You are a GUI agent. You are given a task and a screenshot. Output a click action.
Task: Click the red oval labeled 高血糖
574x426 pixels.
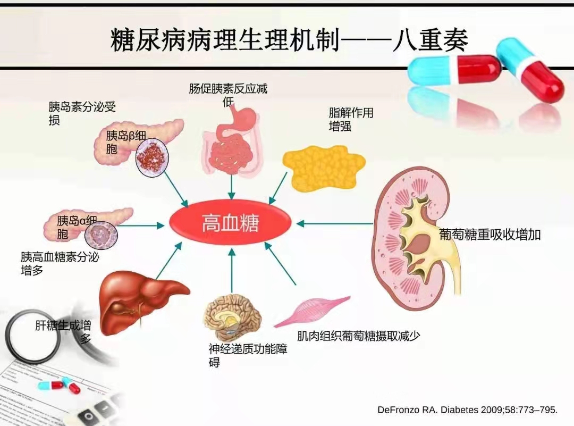pos(230,223)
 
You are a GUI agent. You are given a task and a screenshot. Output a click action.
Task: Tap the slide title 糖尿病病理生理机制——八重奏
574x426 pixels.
pos(289,40)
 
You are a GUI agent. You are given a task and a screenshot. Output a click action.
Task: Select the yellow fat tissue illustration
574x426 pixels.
pos(323,167)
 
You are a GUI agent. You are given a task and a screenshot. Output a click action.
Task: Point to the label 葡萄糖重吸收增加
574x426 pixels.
pos(489,235)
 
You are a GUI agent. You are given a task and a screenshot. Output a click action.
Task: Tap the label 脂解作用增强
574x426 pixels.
pos(351,120)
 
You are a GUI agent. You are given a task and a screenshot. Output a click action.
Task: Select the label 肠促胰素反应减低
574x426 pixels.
pos(228,95)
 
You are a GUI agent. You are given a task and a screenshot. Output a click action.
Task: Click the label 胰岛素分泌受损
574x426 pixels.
pos(82,113)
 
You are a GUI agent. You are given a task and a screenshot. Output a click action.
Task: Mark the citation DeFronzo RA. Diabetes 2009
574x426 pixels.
pos(467,410)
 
